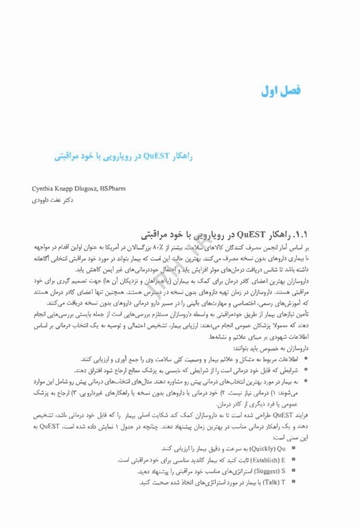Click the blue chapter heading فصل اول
(283, 90)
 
